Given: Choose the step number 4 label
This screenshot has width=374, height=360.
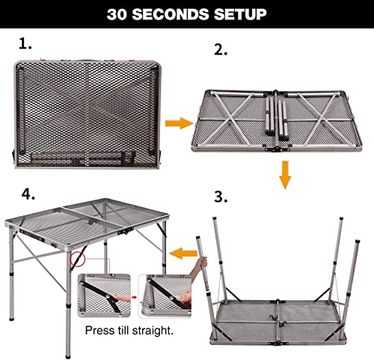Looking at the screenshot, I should (x=28, y=194).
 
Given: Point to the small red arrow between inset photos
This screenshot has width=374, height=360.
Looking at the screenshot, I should (x=134, y=296).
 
